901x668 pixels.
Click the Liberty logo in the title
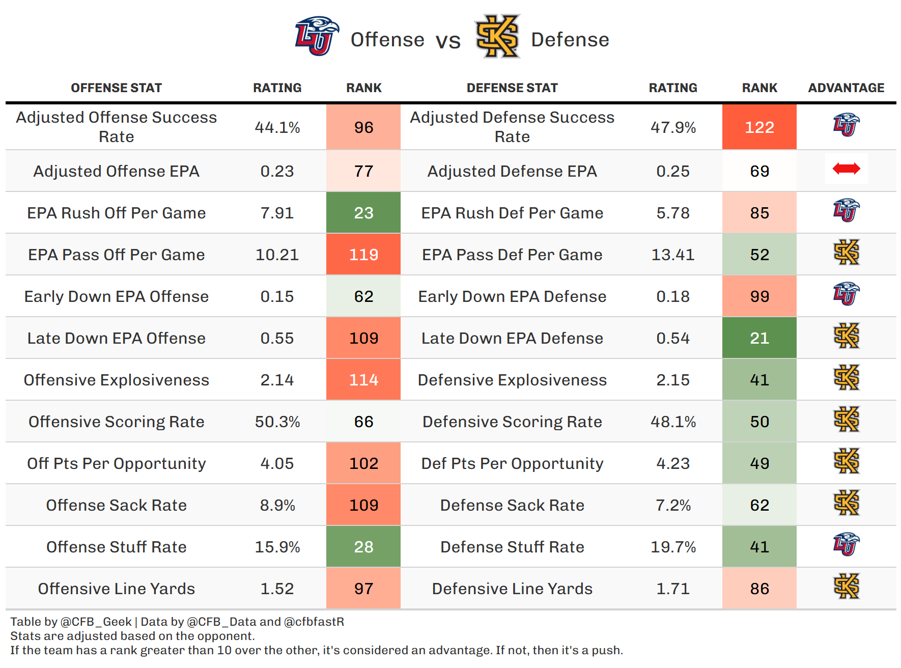click(317, 36)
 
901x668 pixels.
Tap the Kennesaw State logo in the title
click(497, 36)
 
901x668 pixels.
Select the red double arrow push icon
click(846, 169)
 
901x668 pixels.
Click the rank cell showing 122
click(759, 127)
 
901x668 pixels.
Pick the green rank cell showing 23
click(363, 213)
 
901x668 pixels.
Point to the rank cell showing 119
click(363, 255)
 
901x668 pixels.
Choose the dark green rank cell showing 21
click(759, 338)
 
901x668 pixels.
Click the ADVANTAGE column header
click(846, 88)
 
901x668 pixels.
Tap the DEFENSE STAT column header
click(512, 88)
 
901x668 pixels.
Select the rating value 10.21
click(277, 255)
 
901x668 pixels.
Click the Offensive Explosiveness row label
click(117, 380)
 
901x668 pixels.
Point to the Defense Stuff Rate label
click(512, 547)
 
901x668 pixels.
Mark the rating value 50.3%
click(277, 422)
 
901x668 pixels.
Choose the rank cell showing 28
click(363, 547)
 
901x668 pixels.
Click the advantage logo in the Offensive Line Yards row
click(846, 586)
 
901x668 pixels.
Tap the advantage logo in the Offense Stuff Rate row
click(846, 544)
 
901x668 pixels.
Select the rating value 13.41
click(673, 255)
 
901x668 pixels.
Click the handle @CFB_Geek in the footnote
click(96, 622)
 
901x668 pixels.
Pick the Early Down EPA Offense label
click(117, 296)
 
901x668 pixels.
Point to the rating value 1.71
click(673, 589)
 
